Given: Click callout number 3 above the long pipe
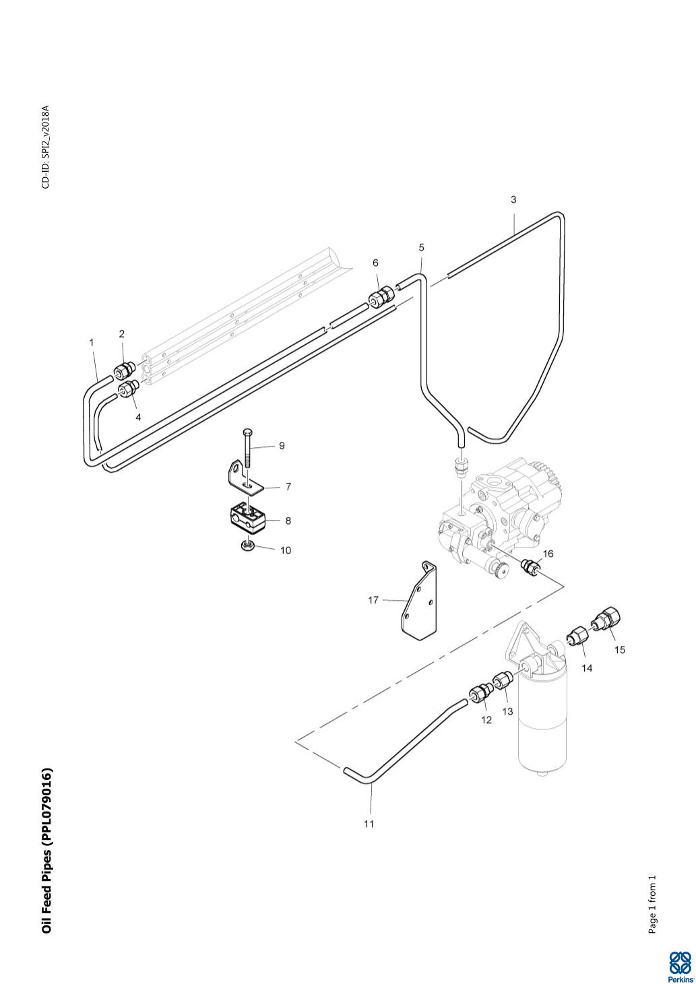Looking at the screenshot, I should pos(513,199).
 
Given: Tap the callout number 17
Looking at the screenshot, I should pos(373,600).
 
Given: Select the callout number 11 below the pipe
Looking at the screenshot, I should pos(369,824).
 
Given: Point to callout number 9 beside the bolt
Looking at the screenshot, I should pos(282,446).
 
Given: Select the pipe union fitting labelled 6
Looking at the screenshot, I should pos(381,296).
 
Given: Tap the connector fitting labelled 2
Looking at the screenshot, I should pos(123,370).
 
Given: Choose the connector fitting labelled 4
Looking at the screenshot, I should pos(128,389).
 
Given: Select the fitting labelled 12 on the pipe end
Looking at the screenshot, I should pos(480,694).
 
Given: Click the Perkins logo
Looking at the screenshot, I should pos(679,965).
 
